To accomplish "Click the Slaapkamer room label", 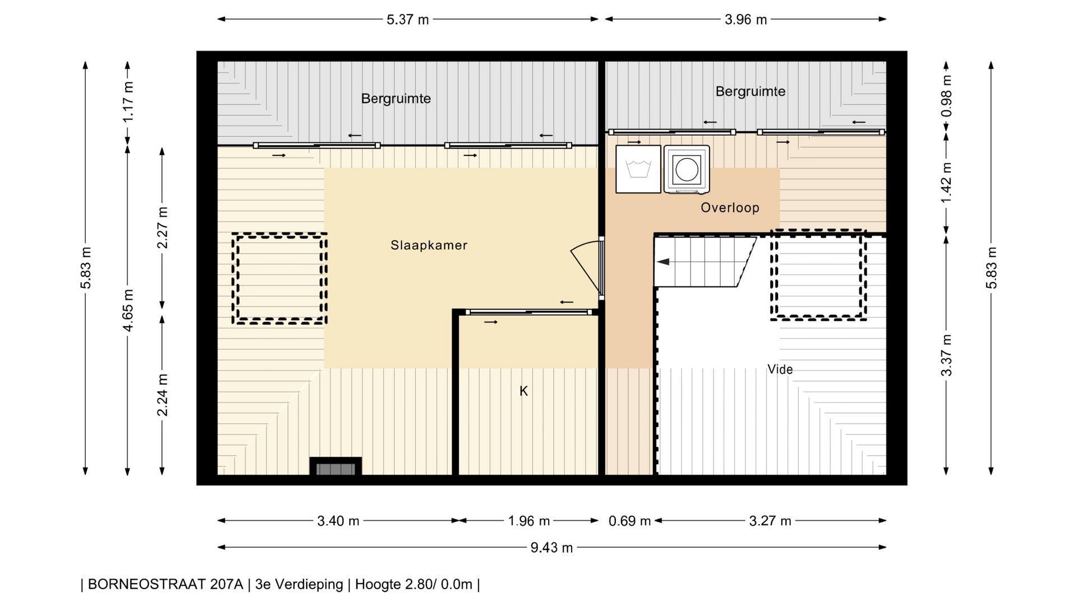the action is pos(429,245).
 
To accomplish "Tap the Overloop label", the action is pos(730,208).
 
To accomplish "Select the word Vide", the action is pos(780,369).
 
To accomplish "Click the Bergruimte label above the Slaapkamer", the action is pos(396,99).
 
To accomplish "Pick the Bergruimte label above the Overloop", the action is pos(751,91).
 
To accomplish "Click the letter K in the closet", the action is pos(523,391).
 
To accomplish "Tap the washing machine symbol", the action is pos(638,169).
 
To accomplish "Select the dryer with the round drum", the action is pos(687,169).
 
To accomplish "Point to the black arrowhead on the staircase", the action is pos(664,261).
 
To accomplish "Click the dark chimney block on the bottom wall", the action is pos(335,466).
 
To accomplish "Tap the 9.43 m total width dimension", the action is pos(552,548).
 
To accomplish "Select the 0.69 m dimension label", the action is pos(629,521).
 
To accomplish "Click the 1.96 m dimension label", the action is pos(529,521).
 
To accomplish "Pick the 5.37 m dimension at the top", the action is pos(408,20).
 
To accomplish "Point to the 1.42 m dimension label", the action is pos(947,183).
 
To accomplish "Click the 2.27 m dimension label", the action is pos(163,228).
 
